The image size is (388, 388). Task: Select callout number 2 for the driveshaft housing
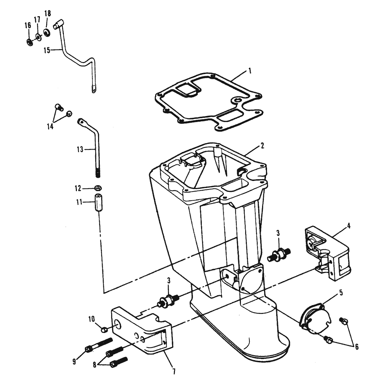262,145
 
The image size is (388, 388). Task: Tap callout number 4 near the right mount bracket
348,226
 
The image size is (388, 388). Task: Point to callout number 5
341,293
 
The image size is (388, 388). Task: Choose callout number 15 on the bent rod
47,50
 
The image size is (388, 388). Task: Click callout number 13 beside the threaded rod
80,150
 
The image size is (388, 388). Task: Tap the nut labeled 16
29,42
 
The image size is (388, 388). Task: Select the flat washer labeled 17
38,37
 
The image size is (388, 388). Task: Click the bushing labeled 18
47,32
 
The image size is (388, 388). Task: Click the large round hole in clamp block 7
117,324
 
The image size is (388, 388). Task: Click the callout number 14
50,126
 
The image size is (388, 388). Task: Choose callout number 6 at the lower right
357,347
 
